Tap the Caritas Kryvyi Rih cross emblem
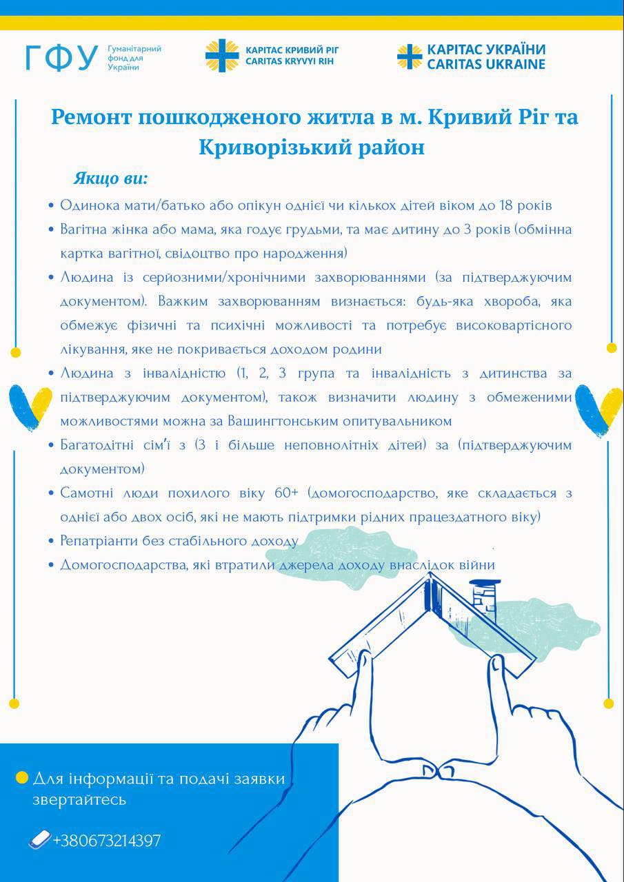221,56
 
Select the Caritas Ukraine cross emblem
410,57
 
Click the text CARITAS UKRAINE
485,64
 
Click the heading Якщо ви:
110,179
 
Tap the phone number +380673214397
107,841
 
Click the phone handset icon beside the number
40,840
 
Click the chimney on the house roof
484,594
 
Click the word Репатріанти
104,541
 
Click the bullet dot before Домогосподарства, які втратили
51,566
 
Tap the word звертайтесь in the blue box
79,800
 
